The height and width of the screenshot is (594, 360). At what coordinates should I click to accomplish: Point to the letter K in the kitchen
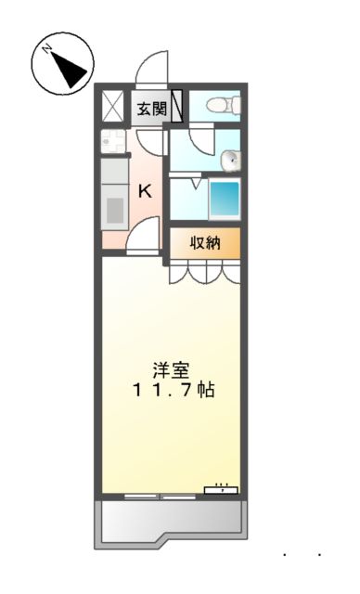146,191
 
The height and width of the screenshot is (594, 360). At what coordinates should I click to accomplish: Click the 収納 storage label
204,243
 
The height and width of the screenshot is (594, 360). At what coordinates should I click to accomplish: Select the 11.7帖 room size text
171,390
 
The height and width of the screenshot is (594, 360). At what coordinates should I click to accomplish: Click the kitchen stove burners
113,142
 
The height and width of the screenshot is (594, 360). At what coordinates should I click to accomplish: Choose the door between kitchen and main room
144,240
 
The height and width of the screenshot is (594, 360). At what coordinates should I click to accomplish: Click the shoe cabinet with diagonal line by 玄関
176,107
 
